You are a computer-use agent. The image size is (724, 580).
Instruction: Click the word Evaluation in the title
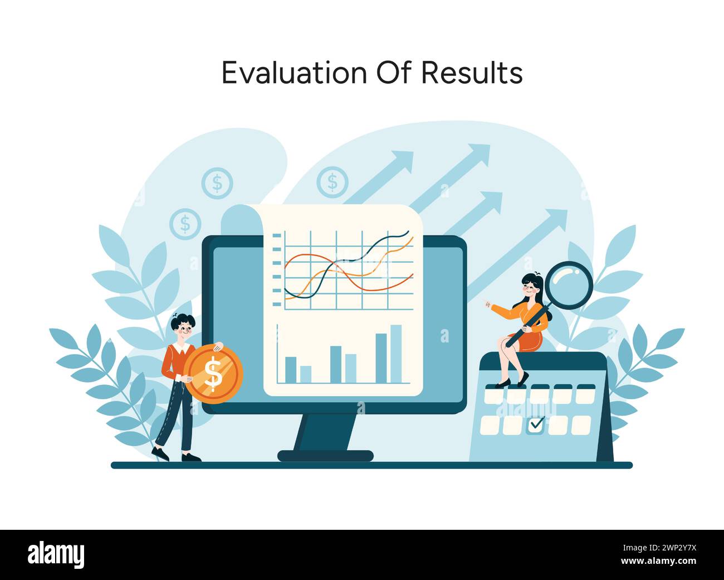click(295, 72)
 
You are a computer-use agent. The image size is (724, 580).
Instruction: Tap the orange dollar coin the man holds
click(213, 373)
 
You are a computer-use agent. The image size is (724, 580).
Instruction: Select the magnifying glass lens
click(569, 284)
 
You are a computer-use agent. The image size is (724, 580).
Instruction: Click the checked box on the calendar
click(536, 424)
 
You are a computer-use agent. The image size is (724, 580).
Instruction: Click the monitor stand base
click(325, 456)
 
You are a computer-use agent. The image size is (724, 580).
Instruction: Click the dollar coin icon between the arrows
click(332, 182)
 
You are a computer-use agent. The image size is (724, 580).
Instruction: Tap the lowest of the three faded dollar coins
click(185, 224)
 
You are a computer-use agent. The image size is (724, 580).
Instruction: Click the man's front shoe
click(191, 458)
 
